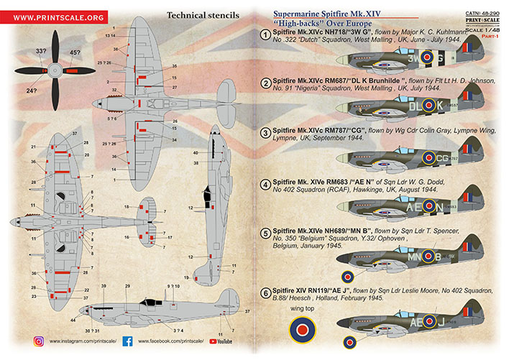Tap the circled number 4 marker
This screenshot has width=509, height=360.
coord(265,183)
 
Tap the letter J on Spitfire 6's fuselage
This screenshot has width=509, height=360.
coord(443,323)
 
